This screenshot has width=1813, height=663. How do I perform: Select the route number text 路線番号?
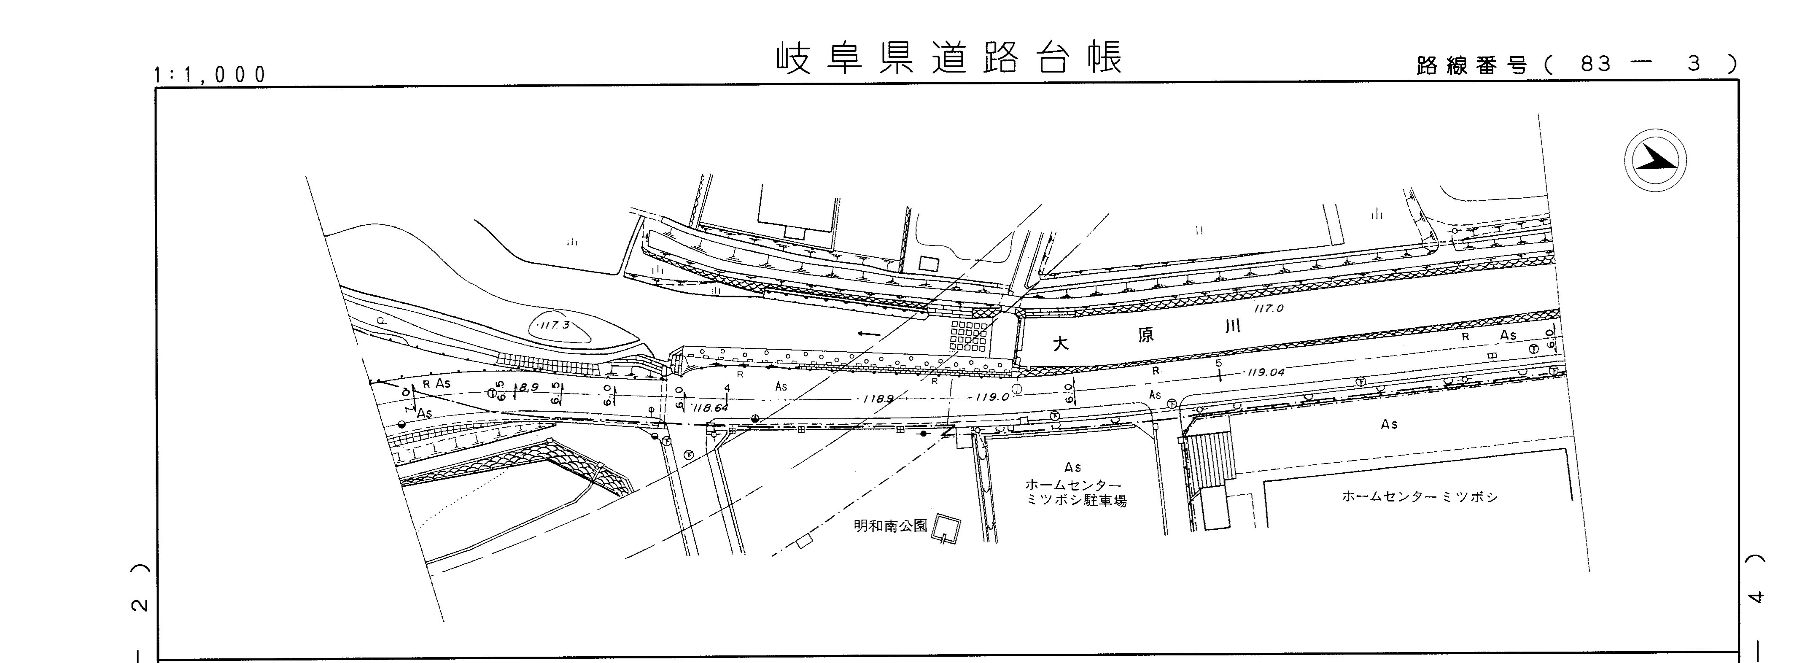point(1471,65)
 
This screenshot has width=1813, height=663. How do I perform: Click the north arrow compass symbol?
point(1655,160)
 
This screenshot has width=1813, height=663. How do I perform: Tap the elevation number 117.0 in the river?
point(1269,308)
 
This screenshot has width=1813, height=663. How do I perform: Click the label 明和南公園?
point(890,526)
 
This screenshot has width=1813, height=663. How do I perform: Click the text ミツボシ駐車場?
point(1076,501)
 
